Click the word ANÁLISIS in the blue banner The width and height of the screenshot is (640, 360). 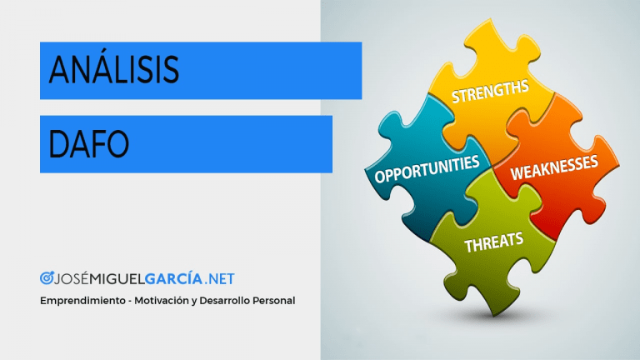pos(114,68)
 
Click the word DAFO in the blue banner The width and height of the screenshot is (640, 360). pos(88,143)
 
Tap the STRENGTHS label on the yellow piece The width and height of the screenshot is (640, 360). pos(490,91)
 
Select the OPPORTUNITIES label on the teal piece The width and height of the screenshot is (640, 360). pos(427,169)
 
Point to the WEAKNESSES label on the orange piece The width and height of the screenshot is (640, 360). pos(554,167)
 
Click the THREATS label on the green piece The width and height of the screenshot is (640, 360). pos(494,242)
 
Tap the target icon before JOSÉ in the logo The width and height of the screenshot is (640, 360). pos(47,278)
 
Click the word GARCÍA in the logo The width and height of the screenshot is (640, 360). pos(173,279)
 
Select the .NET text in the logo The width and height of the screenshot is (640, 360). pos(220,279)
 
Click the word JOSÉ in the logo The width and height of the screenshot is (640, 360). pos(72,278)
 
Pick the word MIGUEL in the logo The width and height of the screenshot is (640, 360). pos(117,279)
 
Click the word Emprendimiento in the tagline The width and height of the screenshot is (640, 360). pos(82,301)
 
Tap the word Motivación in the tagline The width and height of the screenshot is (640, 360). pos(161,300)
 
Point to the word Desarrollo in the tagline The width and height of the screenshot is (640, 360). pos(224,300)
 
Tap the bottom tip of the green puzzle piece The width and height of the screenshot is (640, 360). pos(494,315)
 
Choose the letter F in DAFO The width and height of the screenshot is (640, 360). pos(96,144)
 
